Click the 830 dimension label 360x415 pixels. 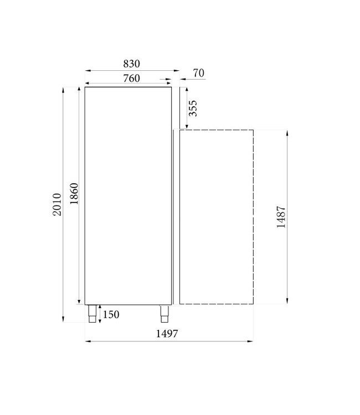131,63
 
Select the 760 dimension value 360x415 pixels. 131,78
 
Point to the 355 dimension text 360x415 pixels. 193,109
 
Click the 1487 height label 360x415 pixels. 281,218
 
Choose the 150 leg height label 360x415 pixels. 111,315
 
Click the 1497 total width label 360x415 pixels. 169,333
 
